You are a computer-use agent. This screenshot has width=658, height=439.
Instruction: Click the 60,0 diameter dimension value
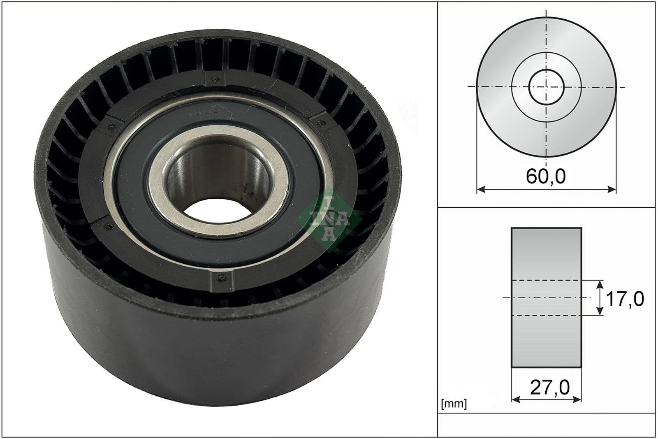(x=546, y=176)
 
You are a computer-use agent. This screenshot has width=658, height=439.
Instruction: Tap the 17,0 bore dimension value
(x=625, y=298)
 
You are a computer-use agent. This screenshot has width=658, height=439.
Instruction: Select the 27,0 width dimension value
(x=550, y=387)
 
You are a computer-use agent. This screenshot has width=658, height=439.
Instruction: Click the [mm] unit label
(x=454, y=404)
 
